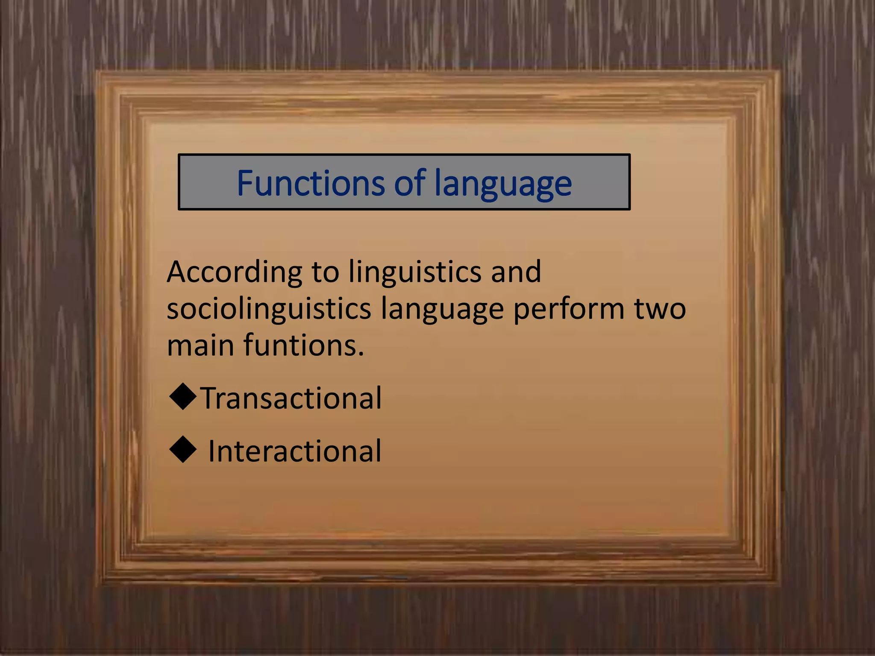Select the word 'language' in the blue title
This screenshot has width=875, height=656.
point(503,184)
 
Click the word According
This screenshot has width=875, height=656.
point(235,272)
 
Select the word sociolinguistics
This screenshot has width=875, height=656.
point(269,309)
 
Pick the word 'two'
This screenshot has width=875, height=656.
point(660,309)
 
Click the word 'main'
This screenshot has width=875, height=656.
point(200,345)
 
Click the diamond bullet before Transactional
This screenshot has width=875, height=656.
point(183,397)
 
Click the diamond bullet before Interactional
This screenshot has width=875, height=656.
point(183,449)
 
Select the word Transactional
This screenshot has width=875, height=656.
point(291,398)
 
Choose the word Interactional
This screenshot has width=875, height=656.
point(294,451)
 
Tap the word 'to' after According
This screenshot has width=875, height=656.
point(325,272)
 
